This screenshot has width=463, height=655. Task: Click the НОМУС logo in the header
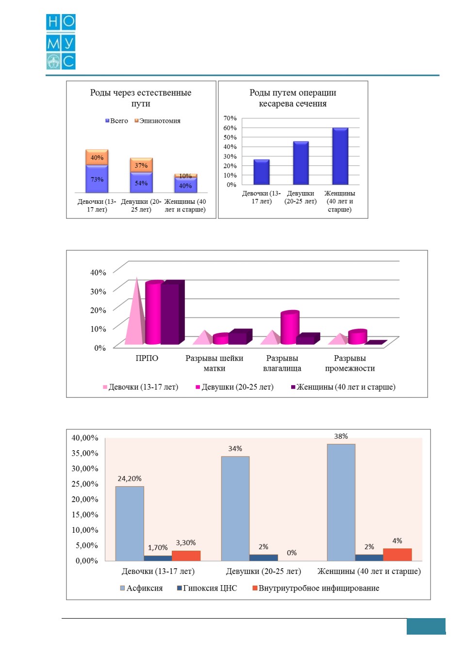(61, 42)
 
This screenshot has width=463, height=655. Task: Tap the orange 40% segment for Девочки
(97, 157)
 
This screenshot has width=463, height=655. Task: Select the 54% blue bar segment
(141, 183)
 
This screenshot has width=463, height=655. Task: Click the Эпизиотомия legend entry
(157, 121)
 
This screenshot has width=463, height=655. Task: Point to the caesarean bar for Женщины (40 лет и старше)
(340, 156)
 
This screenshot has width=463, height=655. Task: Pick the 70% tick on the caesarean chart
(230, 118)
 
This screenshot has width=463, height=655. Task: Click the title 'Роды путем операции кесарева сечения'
(293, 98)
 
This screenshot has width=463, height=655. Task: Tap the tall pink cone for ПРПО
(134, 311)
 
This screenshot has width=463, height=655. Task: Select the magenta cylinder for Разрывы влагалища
(290, 327)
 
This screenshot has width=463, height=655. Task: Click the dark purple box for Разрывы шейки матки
(240, 337)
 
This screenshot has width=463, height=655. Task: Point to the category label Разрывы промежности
(350, 363)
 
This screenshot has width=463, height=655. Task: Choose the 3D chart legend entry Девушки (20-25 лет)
(234, 387)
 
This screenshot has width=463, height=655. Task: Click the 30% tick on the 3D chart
(98, 291)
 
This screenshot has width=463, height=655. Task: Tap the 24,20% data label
(129, 479)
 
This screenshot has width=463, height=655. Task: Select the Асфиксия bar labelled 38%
(341, 502)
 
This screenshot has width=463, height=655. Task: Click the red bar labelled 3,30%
(186, 556)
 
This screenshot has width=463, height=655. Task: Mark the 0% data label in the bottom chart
(292, 553)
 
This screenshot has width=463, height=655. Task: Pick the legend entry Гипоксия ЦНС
(207, 588)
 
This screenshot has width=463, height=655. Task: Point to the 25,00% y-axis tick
(85, 484)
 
